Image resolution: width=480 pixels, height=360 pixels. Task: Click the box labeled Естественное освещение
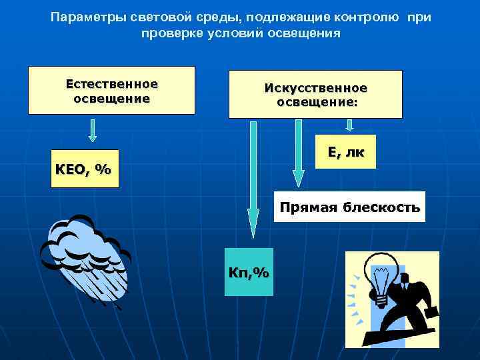(x=111, y=91)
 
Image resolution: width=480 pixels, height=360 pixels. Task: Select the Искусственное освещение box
(x=315, y=94)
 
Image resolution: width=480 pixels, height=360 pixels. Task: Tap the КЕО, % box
(x=83, y=169)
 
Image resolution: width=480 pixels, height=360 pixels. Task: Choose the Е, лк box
(x=346, y=152)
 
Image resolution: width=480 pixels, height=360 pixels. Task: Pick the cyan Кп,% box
(x=249, y=271)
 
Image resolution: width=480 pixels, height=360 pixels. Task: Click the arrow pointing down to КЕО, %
(x=93, y=129)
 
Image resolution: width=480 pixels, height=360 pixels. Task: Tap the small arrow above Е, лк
(x=349, y=126)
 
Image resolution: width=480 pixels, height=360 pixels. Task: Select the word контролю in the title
(x=370, y=17)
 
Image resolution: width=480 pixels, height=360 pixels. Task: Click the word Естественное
(x=111, y=84)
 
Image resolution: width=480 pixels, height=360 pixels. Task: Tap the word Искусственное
(x=315, y=88)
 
